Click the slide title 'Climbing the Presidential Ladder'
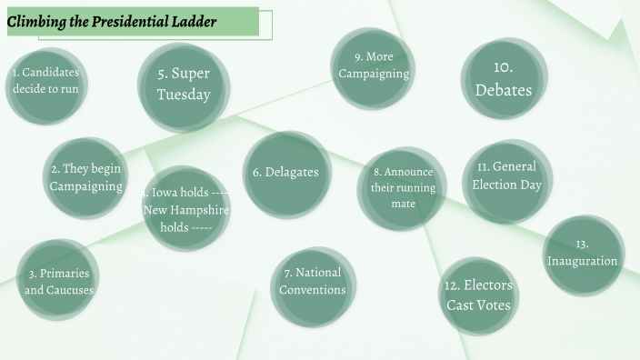pos(112,22)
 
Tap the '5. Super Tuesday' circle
pos(183,85)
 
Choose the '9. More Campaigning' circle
pos(374,65)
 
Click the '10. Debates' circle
pos(504,79)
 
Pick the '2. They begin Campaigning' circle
pos(85,177)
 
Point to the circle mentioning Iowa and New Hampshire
pos(187,209)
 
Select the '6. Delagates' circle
pos(285,173)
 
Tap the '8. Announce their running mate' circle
pos(402,187)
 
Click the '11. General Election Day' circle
pos(506,175)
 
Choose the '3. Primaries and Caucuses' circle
pos(59,281)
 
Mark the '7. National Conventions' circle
pos(312,281)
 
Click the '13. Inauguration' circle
pos(583,254)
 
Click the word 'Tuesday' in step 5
pos(183,95)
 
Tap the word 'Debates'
pos(504,90)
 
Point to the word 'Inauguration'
pos(583,261)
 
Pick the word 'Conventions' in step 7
pos(312,290)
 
